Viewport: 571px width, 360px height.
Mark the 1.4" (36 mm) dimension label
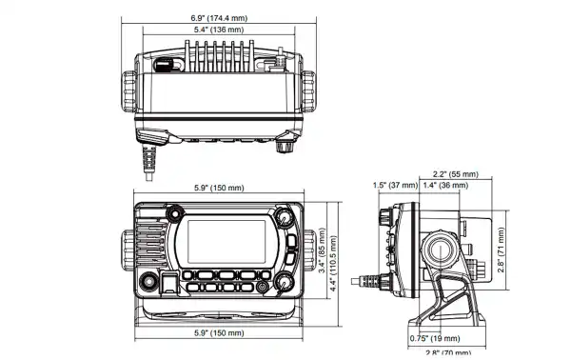point(448,186)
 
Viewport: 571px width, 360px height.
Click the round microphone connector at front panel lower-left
point(148,283)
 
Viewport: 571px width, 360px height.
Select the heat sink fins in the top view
point(215,59)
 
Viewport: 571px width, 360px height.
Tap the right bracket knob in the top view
point(308,95)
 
